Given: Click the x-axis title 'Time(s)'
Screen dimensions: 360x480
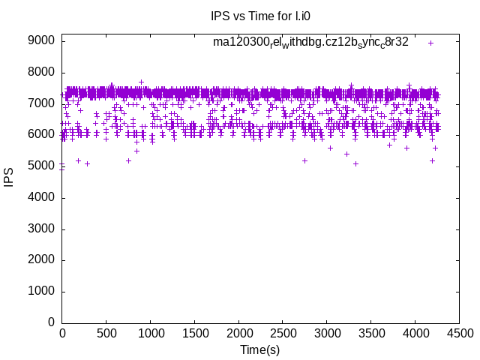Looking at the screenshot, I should (x=259, y=349).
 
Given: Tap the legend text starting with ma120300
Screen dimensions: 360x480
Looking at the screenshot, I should (x=310, y=42).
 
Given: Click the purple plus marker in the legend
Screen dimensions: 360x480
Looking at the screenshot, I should (x=430, y=42).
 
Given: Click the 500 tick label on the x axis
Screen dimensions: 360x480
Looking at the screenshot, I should (x=106, y=333).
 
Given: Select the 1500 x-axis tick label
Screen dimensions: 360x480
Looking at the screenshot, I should (x=195, y=333).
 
